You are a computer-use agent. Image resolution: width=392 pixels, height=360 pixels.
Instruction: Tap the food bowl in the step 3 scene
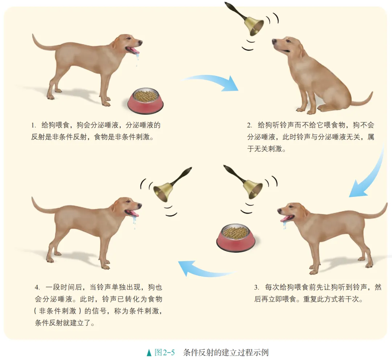point(236,236)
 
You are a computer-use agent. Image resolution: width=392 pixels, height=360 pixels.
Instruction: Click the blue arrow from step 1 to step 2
point(212,82)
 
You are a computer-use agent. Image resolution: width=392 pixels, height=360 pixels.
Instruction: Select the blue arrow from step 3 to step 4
point(203,269)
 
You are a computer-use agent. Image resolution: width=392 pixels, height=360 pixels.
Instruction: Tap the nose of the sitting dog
point(274,42)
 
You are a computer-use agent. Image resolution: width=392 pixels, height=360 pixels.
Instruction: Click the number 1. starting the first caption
point(33,125)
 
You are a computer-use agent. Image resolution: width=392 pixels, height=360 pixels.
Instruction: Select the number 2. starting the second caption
point(250,125)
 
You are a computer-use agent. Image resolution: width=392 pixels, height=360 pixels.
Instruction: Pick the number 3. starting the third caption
point(257,287)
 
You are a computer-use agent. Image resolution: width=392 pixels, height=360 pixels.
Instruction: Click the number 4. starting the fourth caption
point(37,287)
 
